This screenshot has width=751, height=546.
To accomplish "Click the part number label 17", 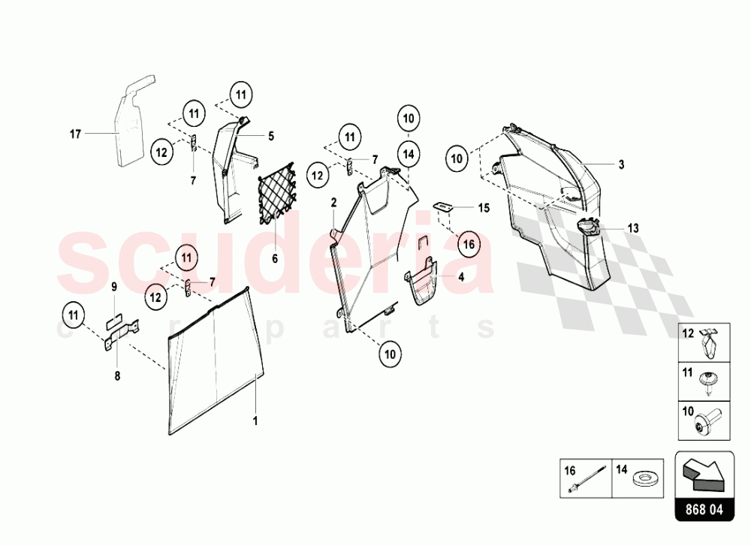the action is pos(75,134).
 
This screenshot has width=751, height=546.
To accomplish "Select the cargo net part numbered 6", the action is pos(276,194).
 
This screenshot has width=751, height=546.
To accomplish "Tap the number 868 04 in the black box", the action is pos(704,509).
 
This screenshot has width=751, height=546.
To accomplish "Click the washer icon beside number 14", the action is pos(644,478).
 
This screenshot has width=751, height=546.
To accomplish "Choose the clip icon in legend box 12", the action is pos(710,343).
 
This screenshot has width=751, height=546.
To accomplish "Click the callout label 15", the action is pos(484,208).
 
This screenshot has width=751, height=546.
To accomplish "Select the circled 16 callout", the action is pos(469,244).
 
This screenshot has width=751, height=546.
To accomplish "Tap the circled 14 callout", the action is pos(408,154).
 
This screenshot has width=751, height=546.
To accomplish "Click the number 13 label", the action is pos(632,228).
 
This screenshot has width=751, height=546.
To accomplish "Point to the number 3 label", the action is pos(621,164).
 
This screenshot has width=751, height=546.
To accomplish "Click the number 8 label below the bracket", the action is pos(117,376).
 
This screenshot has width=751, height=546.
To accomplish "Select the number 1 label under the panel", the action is pos(255,421).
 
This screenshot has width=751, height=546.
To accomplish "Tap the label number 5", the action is pos(271,137).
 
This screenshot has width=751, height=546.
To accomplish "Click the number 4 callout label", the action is pos(461,277).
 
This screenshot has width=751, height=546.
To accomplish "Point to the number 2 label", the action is pos(334,203).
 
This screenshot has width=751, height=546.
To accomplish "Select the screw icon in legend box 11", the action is pos(707,383).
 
